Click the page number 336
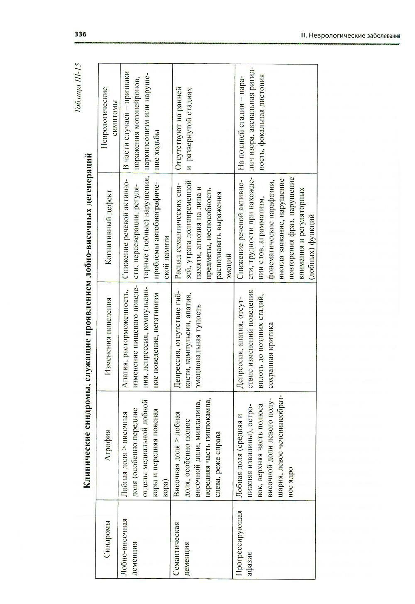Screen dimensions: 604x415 point(80,34)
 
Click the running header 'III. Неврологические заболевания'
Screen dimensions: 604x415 point(349,36)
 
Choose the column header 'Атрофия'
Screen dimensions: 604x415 point(107,445)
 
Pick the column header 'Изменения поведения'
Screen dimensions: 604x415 point(107,336)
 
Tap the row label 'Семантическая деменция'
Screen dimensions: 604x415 point(181,539)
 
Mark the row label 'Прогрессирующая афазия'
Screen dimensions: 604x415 point(244,539)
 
